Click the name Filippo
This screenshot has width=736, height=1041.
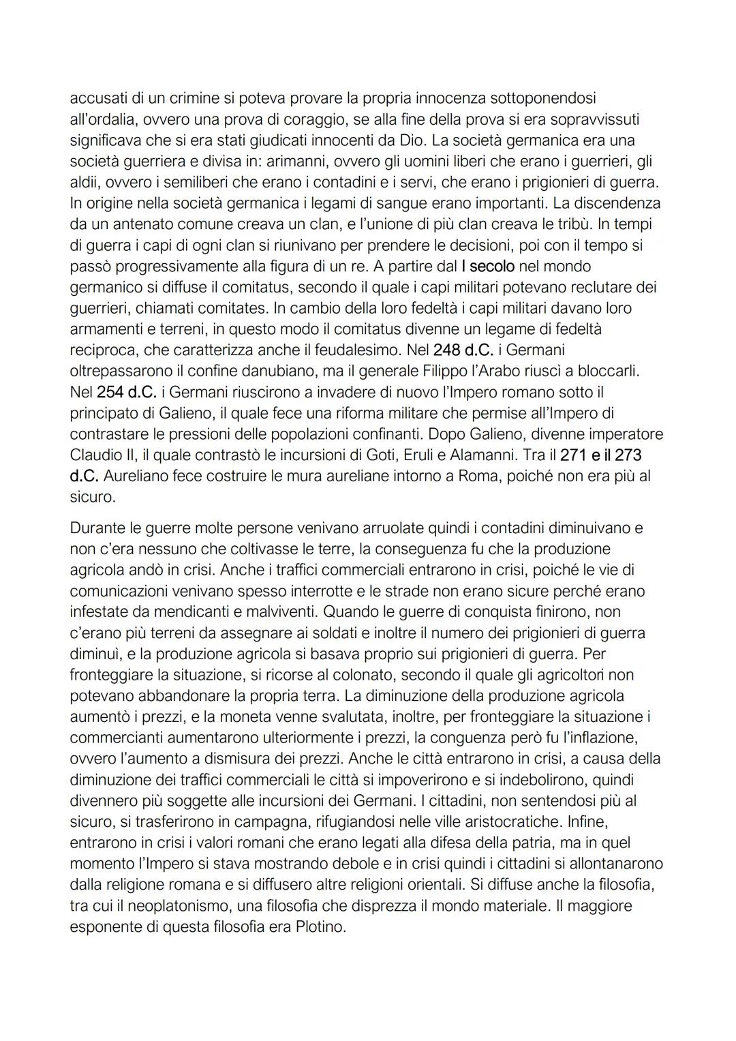pyautogui.click(x=431, y=371)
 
